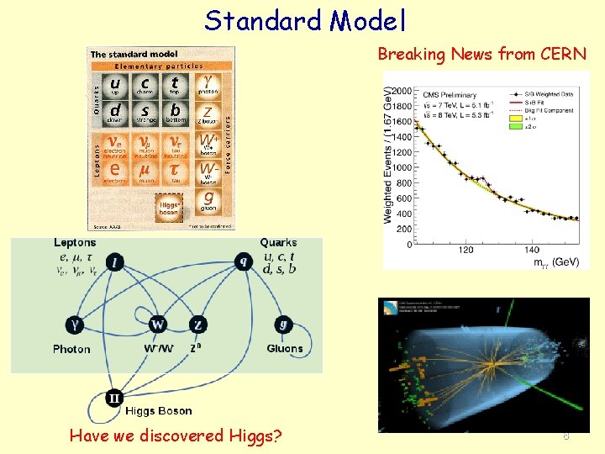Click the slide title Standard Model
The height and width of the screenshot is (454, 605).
[x=306, y=20]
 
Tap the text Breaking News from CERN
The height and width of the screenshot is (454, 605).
[x=481, y=55]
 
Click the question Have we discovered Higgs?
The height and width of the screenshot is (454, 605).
[x=176, y=436]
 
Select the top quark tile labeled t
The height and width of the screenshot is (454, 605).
[x=174, y=84]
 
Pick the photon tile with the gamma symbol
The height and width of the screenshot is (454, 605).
[x=208, y=85]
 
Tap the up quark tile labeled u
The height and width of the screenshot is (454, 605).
[x=115, y=85]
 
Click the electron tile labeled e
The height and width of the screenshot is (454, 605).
[x=115, y=172]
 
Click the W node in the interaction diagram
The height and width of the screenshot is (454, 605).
[x=157, y=325]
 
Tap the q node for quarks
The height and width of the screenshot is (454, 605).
[x=245, y=261]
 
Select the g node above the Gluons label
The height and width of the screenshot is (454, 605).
[x=283, y=324]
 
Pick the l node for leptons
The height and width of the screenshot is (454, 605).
[x=114, y=262]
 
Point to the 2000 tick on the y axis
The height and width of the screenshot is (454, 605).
[x=401, y=91]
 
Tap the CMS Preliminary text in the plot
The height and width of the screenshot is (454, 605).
[x=449, y=95]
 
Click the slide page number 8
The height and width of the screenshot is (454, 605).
[x=566, y=436]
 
